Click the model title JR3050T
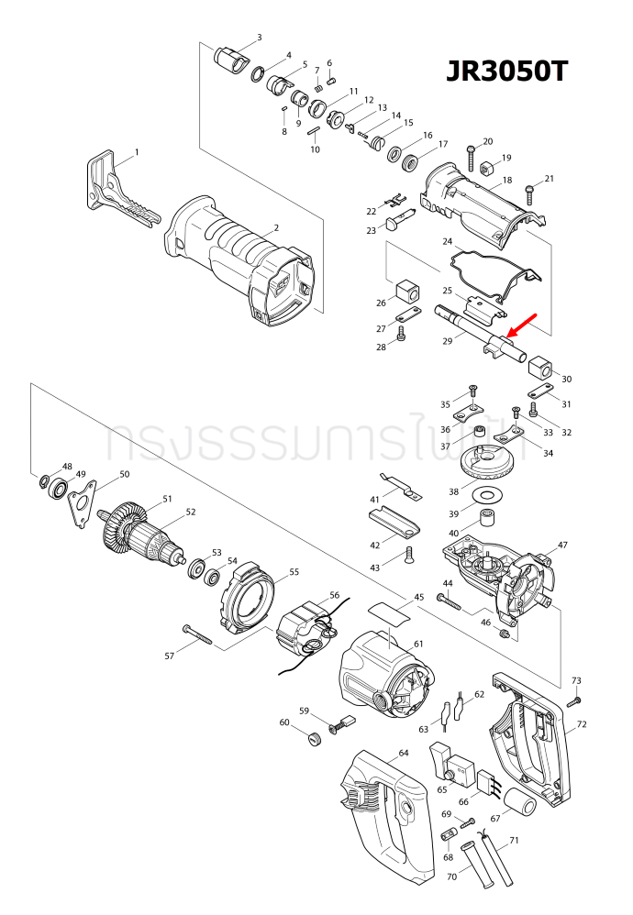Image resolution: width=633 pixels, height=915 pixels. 507,72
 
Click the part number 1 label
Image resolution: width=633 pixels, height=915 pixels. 137,151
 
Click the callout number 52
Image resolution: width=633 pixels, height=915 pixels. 191,513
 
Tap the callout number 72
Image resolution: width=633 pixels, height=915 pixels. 581,724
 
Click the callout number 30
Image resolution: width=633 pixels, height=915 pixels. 566,379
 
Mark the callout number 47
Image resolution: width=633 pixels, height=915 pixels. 562,545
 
